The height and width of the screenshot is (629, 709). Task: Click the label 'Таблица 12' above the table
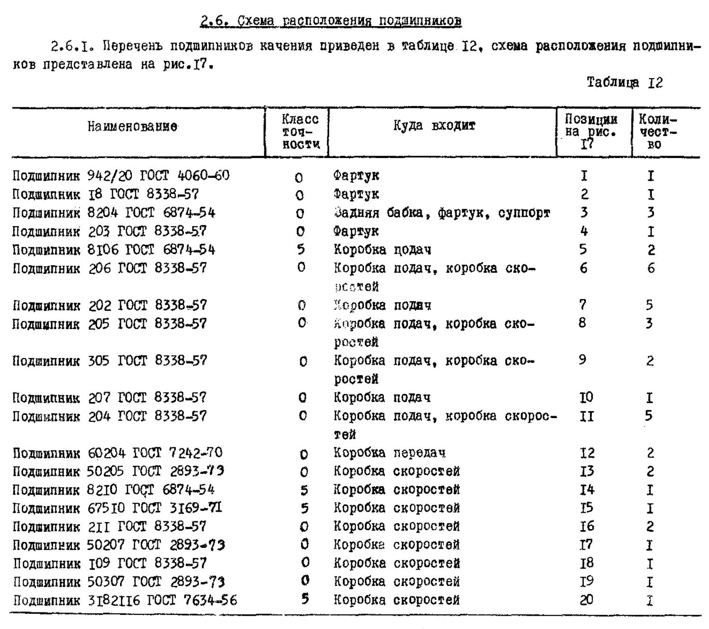624,83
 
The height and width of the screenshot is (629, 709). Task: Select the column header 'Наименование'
132,127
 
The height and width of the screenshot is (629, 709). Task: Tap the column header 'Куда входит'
434,126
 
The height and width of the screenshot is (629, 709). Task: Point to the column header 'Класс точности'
300,131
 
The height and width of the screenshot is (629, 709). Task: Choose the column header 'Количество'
657,131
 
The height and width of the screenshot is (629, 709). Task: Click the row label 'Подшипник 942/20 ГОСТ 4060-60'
121,176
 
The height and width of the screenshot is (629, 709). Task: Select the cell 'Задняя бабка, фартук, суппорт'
441,213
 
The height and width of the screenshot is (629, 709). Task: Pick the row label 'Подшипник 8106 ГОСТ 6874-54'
113,250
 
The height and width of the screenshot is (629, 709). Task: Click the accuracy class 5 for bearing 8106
301,250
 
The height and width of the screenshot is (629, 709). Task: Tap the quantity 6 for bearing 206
651,269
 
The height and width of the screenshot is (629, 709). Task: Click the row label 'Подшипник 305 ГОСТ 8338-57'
110,361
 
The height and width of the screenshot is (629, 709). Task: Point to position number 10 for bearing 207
586,397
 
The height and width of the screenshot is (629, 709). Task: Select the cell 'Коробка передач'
389,453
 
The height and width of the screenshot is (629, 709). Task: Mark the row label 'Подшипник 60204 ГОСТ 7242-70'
117,453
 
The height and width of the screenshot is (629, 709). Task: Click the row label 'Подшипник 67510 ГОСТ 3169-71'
117,508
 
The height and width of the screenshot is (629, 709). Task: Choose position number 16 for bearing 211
587,526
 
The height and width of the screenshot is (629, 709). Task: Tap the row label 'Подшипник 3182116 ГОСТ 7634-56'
125,601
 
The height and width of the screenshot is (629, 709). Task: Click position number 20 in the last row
587,600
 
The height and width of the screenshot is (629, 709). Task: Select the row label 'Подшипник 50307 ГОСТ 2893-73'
119,582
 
